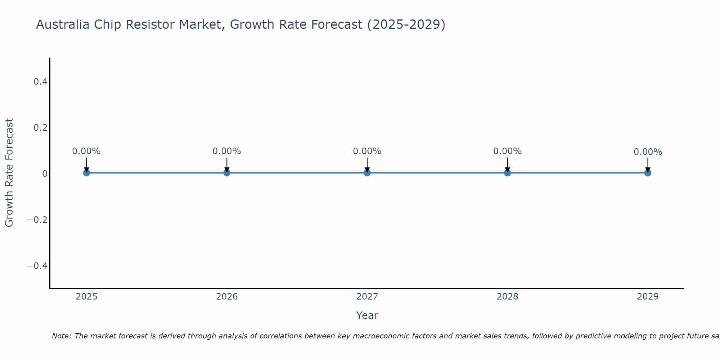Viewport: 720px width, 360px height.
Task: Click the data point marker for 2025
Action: click(86, 173)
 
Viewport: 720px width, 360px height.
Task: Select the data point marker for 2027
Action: click(367, 173)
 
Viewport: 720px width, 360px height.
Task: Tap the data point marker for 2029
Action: click(648, 173)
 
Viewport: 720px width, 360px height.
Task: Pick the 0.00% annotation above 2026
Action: click(226, 151)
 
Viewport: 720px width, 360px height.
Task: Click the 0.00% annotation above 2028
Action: click(507, 151)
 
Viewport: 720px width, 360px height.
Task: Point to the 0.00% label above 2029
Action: click(648, 152)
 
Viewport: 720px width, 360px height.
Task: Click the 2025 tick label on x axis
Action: click(86, 297)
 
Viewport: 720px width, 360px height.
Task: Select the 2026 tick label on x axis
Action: click(227, 297)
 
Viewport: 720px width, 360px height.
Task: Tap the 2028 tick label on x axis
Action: click(507, 297)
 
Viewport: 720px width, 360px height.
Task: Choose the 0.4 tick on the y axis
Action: click(41, 82)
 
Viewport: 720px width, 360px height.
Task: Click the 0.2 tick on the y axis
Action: click(41, 128)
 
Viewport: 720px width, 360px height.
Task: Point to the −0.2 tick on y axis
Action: click(37, 220)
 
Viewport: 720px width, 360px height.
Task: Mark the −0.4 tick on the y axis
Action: click(37, 266)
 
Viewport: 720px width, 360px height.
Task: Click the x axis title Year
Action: click(367, 315)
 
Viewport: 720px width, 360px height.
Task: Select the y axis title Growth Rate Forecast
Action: click(9, 173)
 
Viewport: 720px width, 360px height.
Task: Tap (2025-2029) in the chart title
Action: click(406, 24)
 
